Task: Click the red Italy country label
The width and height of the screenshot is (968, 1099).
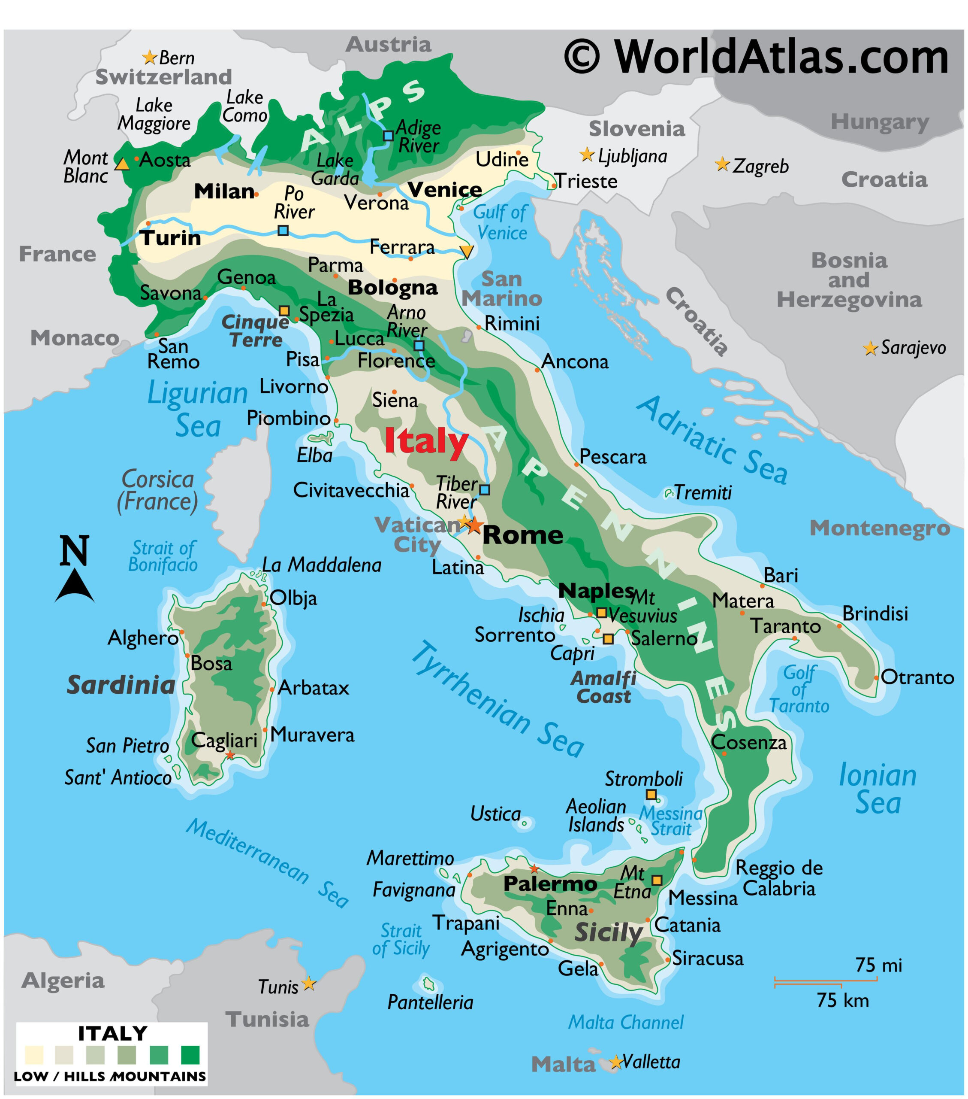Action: point(426,442)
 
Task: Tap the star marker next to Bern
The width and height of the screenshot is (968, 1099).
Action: point(149,57)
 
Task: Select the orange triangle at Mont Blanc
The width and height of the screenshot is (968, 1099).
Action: point(123,164)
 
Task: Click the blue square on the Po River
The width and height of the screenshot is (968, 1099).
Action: point(283,231)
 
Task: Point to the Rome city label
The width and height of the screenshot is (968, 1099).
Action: point(523,535)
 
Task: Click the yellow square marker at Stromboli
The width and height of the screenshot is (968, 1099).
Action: point(651,794)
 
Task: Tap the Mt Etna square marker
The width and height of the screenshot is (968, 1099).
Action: point(657,880)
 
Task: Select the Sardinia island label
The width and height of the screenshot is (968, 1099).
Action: point(121,686)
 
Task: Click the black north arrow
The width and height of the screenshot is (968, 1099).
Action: point(75,586)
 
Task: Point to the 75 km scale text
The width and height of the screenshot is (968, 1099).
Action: point(842,1001)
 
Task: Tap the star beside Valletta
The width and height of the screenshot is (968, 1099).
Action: point(615,1063)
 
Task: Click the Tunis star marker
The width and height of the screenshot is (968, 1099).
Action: point(308,984)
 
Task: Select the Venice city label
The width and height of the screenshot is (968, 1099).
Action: point(445,190)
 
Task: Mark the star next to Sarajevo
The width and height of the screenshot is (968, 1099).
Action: point(870,349)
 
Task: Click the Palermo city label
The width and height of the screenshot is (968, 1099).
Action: point(550,883)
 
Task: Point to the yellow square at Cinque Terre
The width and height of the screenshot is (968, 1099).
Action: point(284,311)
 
